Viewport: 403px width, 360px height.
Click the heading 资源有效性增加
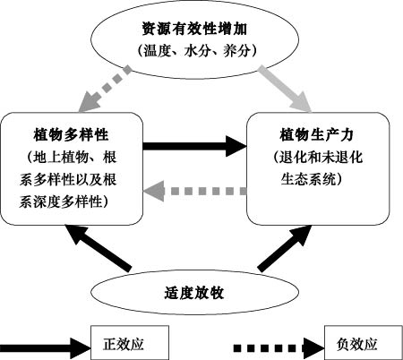click(x=194, y=29)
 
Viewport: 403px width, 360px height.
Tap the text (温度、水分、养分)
click(x=197, y=51)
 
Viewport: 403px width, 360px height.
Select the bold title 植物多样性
click(x=71, y=134)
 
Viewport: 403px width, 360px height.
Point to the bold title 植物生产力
click(x=317, y=134)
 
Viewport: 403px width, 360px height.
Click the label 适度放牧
click(x=194, y=293)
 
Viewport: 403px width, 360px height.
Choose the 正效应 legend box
click(x=130, y=342)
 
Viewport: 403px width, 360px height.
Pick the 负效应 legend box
click(x=364, y=342)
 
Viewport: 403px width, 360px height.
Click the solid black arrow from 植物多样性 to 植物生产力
click(x=195, y=146)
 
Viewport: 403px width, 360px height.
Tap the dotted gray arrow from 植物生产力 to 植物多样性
click(x=195, y=191)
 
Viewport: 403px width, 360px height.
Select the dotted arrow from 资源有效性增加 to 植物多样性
click(x=105, y=89)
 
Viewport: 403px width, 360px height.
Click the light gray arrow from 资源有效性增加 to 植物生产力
click(x=285, y=89)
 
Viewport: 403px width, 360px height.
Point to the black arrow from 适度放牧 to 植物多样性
click(x=99, y=248)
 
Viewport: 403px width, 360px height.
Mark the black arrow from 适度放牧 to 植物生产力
click(x=284, y=248)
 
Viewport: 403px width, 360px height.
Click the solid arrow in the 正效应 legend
click(x=45, y=348)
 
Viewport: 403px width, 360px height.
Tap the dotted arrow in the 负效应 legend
click(x=279, y=348)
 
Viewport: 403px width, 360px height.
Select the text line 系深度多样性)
click(x=64, y=201)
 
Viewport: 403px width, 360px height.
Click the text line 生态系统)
click(x=312, y=179)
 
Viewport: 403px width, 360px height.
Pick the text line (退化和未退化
click(x=317, y=157)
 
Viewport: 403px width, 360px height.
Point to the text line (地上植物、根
click(x=71, y=157)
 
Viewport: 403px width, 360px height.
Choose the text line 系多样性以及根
click(x=68, y=179)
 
